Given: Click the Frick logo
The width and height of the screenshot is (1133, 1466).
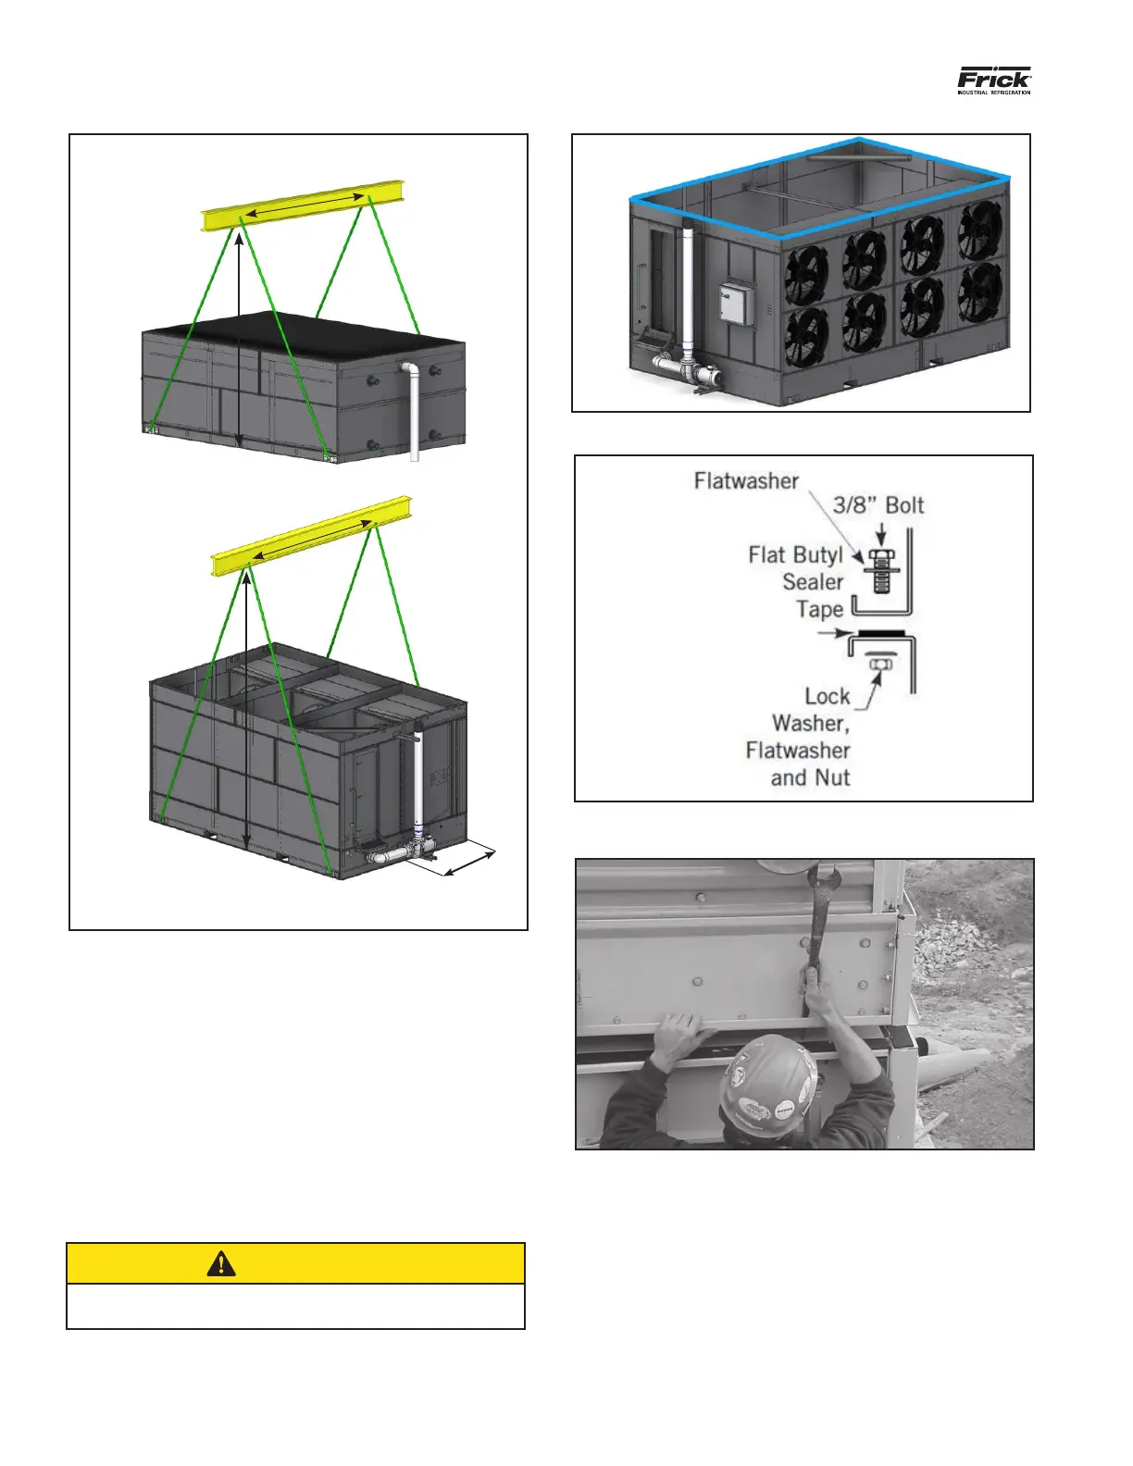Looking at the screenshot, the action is [x=993, y=80].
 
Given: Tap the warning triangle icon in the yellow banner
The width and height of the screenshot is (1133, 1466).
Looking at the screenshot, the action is [x=220, y=1263].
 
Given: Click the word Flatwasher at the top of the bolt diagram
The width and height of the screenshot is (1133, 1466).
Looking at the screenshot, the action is [x=746, y=480].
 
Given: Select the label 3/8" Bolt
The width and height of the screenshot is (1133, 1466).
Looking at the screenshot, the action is [x=878, y=504].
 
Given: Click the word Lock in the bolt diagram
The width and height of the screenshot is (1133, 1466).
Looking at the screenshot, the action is [x=827, y=696].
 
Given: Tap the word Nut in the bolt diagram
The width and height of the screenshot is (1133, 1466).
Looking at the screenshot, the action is [x=832, y=777].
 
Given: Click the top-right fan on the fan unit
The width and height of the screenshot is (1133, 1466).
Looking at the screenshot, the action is [x=979, y=230].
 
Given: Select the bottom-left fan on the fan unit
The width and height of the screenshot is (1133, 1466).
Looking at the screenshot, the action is [x=806, y=337].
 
